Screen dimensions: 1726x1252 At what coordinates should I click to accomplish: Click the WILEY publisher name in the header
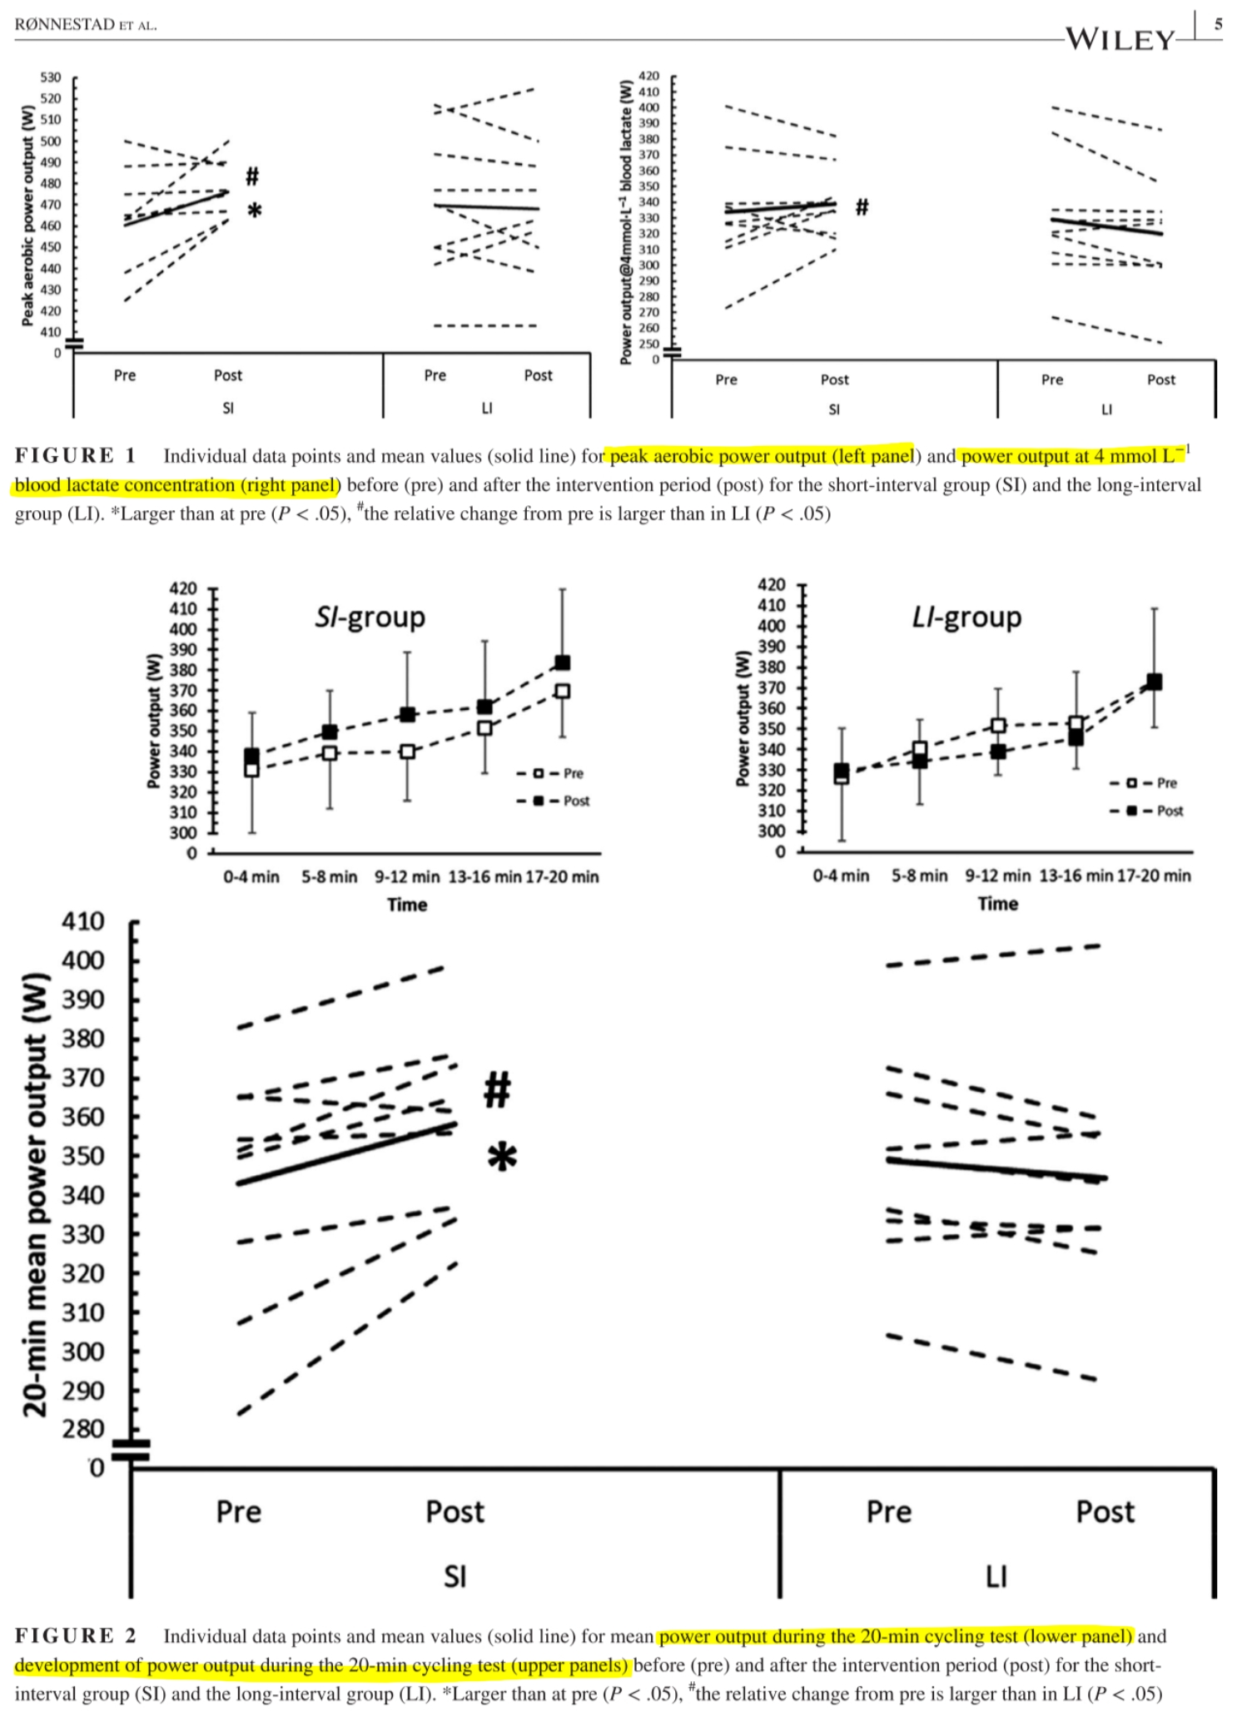1120,39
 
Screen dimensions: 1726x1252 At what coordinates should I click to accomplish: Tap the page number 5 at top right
1218,24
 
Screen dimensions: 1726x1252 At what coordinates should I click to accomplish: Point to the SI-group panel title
370,617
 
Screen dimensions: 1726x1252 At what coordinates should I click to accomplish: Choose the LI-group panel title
966,617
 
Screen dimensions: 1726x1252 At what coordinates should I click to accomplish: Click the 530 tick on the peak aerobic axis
51,77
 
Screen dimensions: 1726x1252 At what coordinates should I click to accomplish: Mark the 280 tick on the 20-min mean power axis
83,1430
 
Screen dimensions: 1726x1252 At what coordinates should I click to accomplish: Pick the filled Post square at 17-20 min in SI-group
562,662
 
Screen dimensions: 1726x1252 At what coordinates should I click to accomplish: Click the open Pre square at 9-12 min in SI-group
407,751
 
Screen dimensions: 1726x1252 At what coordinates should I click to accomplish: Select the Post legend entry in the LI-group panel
1157,811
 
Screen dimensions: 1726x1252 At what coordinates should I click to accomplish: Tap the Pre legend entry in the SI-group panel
562,773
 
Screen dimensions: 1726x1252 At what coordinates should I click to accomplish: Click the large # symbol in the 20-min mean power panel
497,1089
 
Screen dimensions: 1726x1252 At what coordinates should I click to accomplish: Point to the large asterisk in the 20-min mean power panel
502,1157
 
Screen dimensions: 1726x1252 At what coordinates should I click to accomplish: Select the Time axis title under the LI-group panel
997,904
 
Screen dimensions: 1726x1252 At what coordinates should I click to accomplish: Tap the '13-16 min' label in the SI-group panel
484,876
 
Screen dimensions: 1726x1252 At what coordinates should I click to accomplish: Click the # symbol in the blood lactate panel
862,206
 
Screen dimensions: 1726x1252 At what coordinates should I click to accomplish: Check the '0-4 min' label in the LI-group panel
841,875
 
